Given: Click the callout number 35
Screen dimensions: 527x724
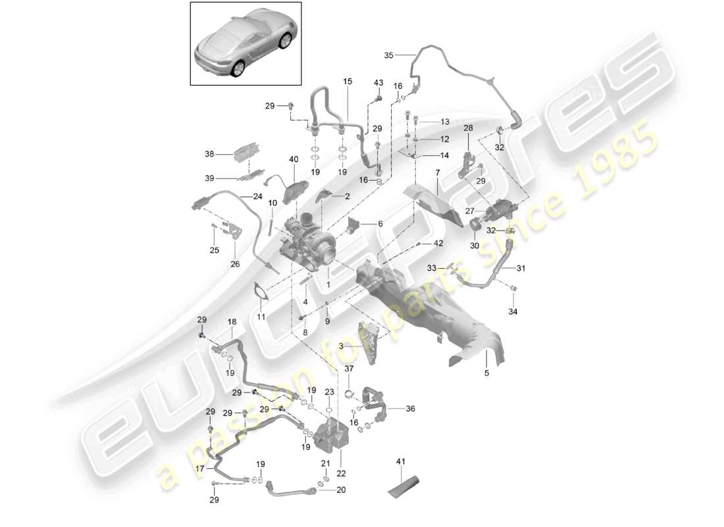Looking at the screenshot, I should [x=388, y=56].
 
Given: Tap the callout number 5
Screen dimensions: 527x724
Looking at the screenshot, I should [x=486, y=374].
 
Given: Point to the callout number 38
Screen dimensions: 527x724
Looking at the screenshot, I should [x=209, y=155].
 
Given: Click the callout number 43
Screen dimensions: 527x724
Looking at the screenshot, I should [x=378, y=82].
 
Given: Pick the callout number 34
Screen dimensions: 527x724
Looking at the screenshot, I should [x=513, y=312].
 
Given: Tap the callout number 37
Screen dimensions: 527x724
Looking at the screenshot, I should [x=348, y=368].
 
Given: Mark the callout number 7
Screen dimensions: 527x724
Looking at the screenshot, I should [x=436, y=172].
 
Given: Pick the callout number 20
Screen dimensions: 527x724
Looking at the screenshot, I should [x=340, y=489].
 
